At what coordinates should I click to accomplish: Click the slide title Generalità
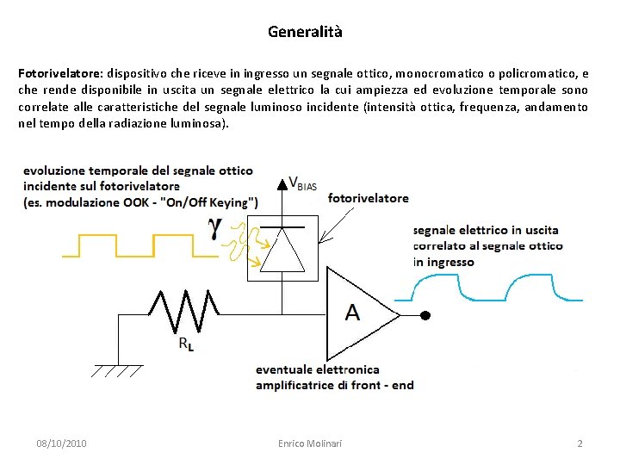[x=305, y=32]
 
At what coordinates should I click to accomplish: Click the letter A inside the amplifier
[x=352, y=312]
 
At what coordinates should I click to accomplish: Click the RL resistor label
[x=186, y=343]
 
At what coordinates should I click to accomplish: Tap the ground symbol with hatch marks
[x=115, y=370]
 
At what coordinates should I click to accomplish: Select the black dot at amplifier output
[x=425, y=315]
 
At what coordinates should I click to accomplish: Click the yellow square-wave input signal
[x=138, y=245]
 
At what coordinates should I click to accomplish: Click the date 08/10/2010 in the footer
[x=61, y=443]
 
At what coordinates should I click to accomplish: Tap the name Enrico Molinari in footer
[x=310, y=443]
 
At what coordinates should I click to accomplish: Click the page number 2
[x=580, y=443]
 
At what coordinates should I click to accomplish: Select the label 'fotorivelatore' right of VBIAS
[x=369, y=197]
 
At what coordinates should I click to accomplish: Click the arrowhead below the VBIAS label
[x=282, y=183]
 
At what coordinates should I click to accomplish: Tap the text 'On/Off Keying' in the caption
[x=212, y=202]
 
